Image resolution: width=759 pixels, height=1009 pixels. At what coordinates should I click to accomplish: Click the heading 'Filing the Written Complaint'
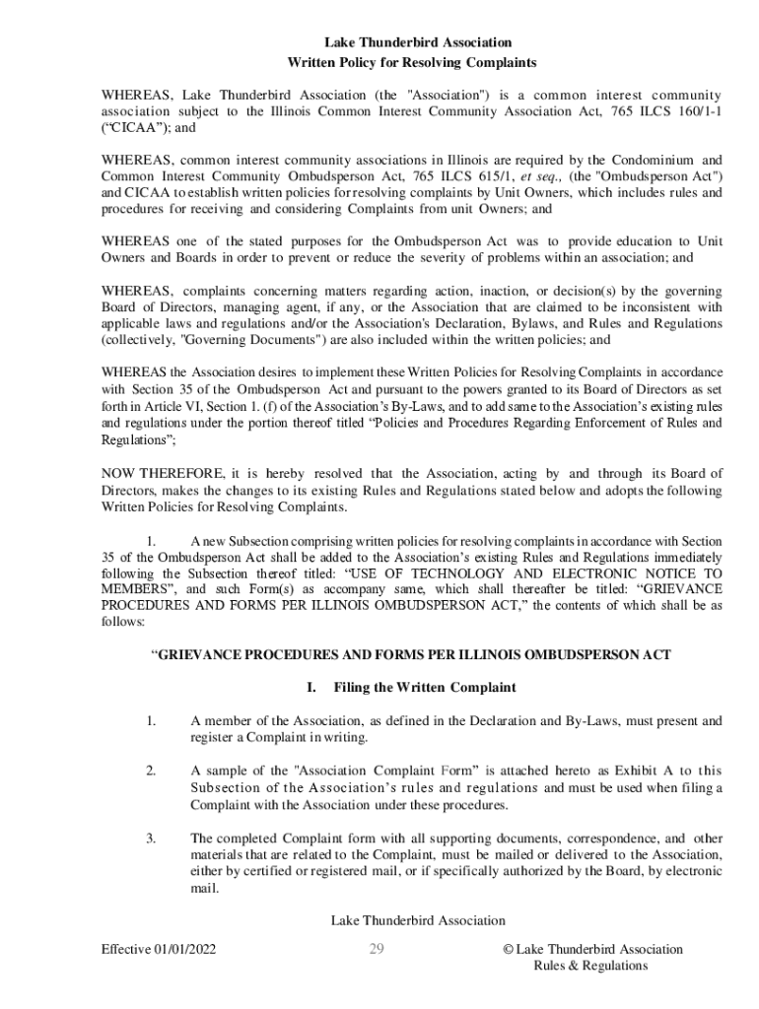[x=425, y=687]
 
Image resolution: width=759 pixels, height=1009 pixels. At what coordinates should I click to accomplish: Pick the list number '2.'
[x=152, y=771]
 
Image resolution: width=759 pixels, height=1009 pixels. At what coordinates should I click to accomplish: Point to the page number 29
[x=376, y=950]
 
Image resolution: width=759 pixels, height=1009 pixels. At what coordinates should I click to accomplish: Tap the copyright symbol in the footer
[x=507, y=950]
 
